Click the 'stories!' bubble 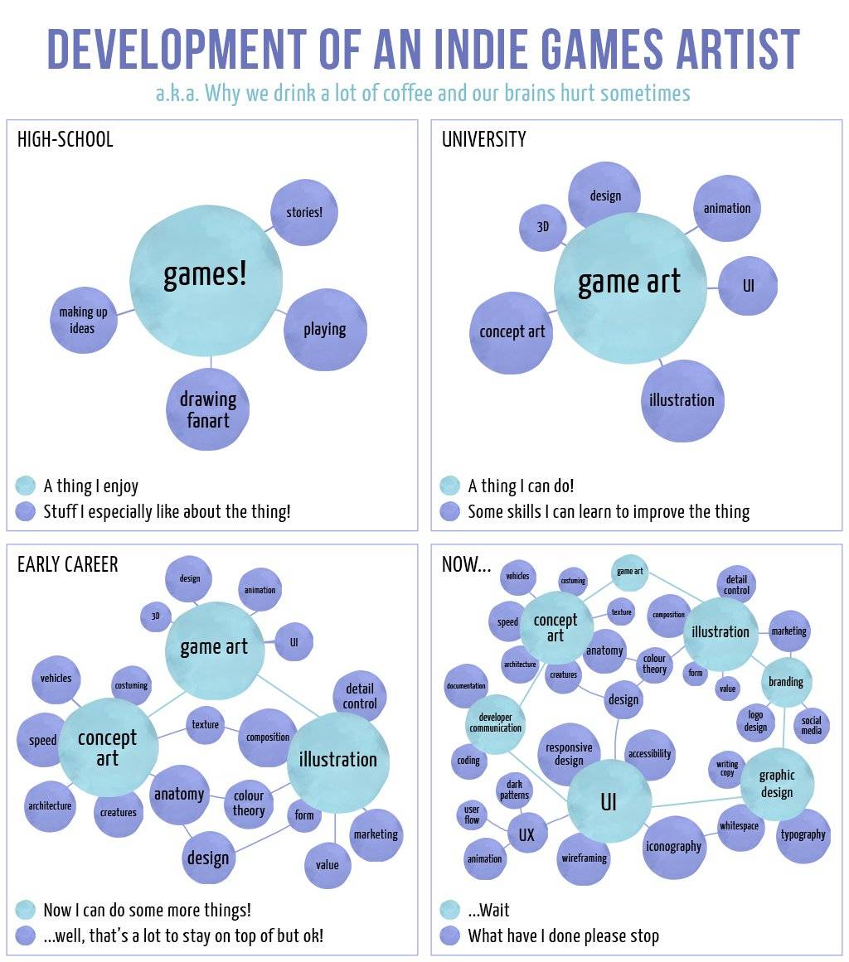(304, 212)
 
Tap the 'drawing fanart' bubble (207, 409)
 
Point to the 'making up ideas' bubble (83, 320)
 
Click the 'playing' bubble (324, 329)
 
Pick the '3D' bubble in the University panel (543, 225)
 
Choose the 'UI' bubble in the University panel (748, 286)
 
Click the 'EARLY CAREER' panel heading (68, 564)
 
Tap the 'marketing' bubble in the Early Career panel (376, 834)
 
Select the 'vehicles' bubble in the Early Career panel (56, 678)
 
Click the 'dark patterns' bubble (514, 790)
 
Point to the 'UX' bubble (526, 835)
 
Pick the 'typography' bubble (803, 834)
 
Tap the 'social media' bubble (811, 726)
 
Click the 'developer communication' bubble (496, 723)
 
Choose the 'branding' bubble (785, 682)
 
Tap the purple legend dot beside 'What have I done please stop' (450, 935)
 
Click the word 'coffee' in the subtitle (406, 93)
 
